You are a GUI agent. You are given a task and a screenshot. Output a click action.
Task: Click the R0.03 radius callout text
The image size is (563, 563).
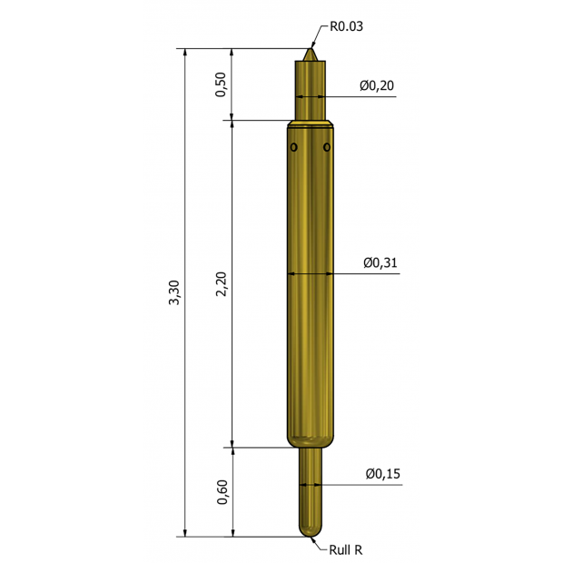click(x=346, y=26)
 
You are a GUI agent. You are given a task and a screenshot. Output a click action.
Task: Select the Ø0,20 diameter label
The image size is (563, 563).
click(x=377, y=85)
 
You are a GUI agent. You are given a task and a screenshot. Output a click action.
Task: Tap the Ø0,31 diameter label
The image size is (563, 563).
click(x=380, y=262)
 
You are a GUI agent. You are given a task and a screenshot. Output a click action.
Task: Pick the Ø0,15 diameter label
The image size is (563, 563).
click(x=383, y=474)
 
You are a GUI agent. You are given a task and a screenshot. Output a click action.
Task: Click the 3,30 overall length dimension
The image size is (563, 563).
click(x=174, y=292)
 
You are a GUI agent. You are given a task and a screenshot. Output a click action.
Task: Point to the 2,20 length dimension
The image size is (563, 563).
click(x=222, y=284)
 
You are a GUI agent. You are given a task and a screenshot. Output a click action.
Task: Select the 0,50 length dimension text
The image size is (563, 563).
click(x=221, y=84)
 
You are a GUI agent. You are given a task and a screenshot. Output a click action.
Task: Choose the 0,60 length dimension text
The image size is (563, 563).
click(x=222, y=492)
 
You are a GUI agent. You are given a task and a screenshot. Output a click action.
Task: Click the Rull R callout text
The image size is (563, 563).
click(x=346, y=549)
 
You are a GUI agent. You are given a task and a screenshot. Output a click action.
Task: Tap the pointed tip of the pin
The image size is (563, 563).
click(x=311, y=49)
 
